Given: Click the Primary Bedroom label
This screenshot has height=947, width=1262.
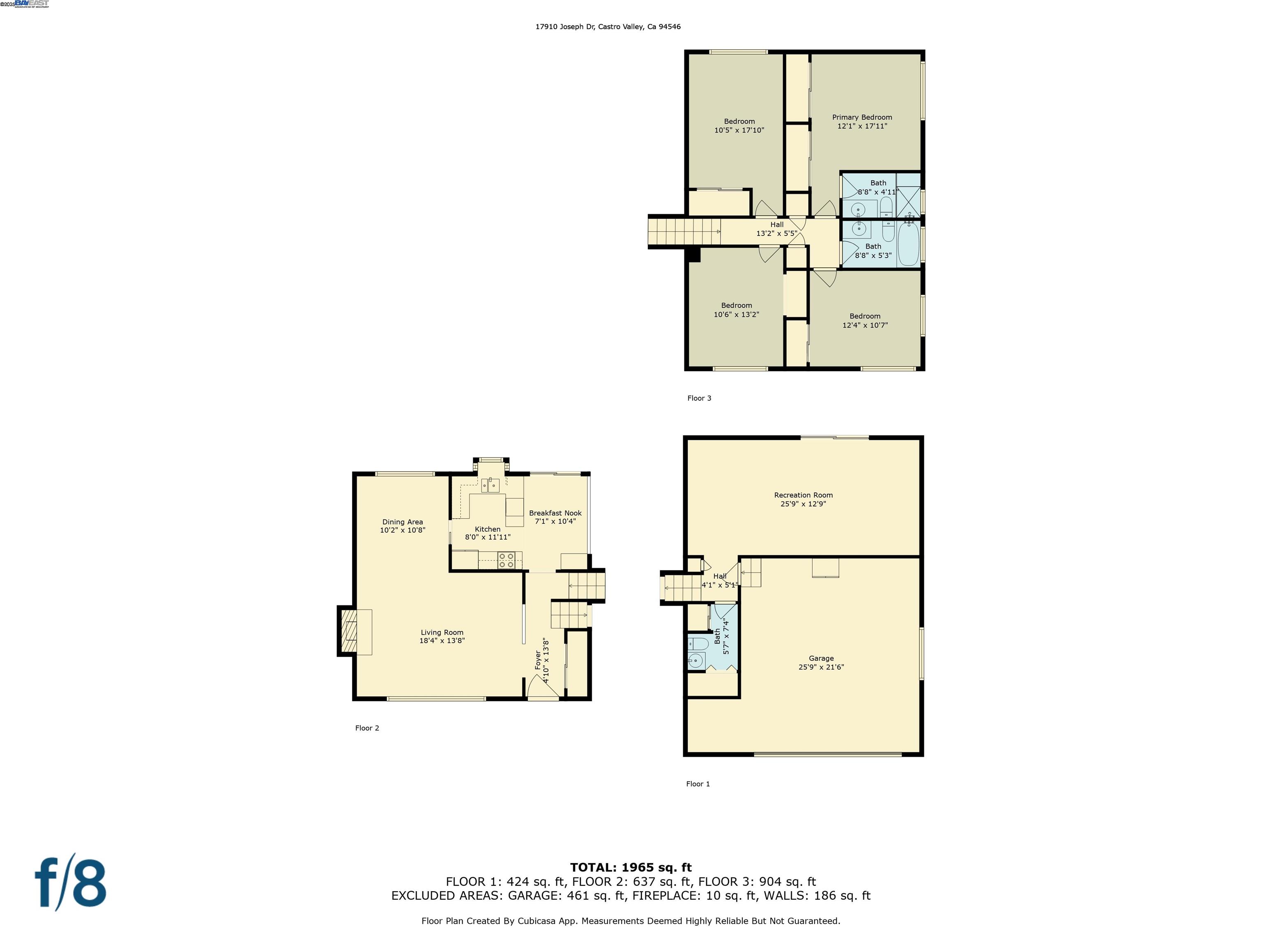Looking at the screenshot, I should point(861,117).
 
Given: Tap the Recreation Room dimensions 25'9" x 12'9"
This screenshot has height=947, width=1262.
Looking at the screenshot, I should point(803,504).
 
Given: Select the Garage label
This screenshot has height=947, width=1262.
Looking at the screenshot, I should point(821,658).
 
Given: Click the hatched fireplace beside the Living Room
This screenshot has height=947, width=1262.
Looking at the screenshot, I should point(348,631).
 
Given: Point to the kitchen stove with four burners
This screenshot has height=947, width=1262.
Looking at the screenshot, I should point(506,560).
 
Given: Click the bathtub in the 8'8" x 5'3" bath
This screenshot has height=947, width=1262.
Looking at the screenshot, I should point(908,244).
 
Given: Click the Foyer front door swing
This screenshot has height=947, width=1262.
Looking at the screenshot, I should point(541,687).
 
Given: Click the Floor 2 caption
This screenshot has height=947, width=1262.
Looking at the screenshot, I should point(367,728).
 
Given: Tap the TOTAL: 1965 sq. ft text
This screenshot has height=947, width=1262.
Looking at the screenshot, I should point(631,868).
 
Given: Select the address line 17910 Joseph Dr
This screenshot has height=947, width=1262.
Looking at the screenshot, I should point(608,27).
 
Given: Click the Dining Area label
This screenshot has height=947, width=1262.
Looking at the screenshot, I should point(402,522).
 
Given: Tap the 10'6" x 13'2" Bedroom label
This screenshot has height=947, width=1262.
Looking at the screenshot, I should point(736,310).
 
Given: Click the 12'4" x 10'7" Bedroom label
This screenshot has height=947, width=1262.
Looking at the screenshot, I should point(864,320).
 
